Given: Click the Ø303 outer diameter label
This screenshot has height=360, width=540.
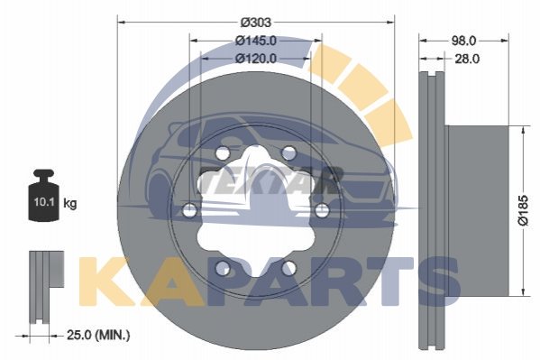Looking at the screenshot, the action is click(256, 23).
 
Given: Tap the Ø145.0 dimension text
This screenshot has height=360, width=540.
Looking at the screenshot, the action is click(256, 41).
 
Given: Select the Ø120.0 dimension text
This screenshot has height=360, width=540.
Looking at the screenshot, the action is click(256, 59).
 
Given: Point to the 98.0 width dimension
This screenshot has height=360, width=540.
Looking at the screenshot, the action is click(463, 41).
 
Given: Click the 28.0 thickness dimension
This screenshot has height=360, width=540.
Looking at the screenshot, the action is click(467, 59).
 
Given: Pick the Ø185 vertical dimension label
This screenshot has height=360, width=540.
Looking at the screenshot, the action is click(523, 210).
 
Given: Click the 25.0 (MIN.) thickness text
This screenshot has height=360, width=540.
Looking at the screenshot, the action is click(98, 335).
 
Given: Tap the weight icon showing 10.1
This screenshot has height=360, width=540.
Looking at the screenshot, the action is click(44, 195).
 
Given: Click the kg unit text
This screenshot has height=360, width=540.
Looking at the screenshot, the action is click(70, 203).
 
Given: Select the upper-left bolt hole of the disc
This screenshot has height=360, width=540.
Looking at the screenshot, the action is click(223, 153).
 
